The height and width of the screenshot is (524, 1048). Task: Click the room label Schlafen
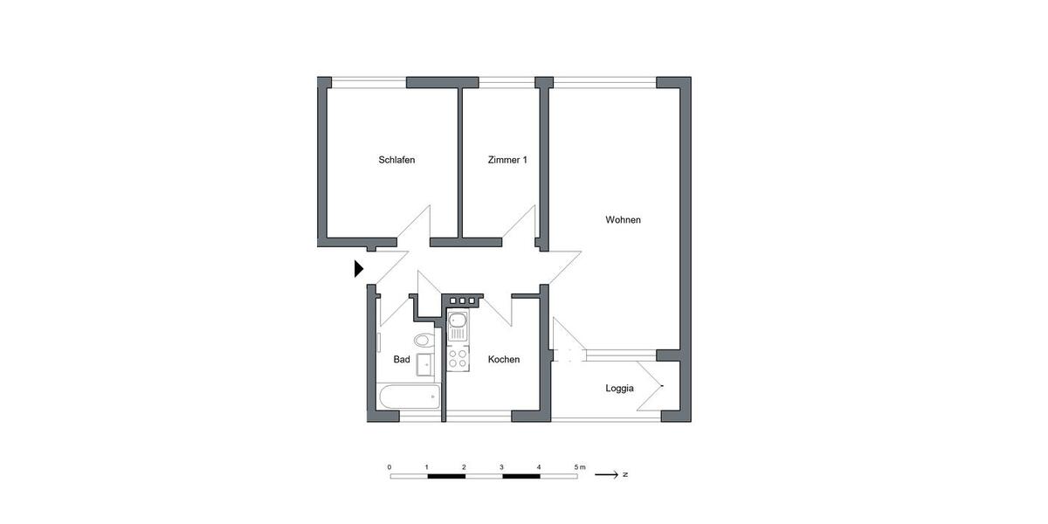(396, 160)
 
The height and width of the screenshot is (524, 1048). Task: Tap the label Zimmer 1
(507, 160)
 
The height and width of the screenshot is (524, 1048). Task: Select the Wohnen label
(623, 220)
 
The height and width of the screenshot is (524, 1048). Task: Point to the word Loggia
(619, 389)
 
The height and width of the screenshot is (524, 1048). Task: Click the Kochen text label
(504, 360)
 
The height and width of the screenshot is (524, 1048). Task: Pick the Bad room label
(402, 360)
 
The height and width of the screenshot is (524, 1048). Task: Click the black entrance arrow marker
(358, 269)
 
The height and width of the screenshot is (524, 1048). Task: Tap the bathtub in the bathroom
(408, 398)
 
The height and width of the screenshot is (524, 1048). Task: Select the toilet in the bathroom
(422, 339)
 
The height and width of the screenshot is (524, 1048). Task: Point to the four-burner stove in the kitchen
(458, 356)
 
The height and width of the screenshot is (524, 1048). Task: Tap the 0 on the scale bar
(390, 467)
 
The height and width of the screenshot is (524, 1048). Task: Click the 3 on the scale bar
(501, 467)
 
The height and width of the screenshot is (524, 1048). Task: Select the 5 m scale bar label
(580, 467)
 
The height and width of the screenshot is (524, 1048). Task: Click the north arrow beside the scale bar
(605, 475)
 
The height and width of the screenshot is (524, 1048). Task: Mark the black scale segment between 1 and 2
(445, 476)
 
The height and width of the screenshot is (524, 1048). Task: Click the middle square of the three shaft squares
(462, 300)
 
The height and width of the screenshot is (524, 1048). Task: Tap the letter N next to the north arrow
(625, 475)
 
